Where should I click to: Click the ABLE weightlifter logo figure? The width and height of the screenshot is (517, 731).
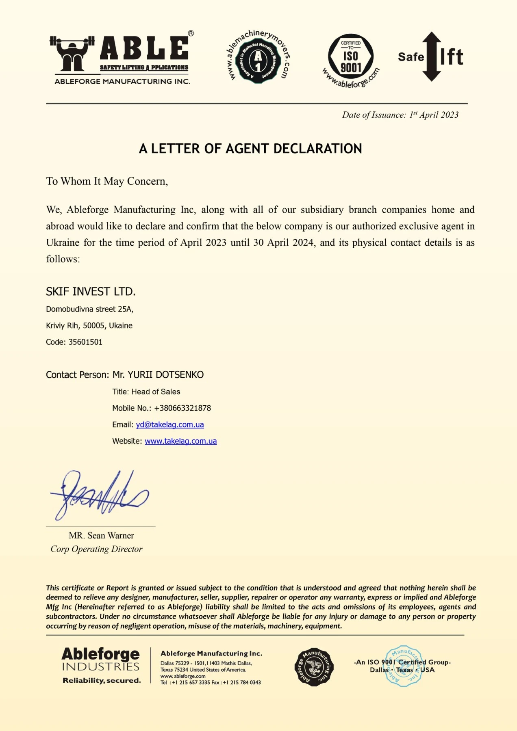[x=72, y=54]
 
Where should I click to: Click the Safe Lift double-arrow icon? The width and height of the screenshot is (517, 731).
[x=431, y=56]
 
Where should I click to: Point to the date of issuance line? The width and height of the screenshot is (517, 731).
[x=400, y=115]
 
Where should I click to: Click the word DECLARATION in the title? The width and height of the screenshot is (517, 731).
[x=317, y=149]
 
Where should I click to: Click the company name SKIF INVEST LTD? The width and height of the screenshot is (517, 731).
[x=91, y=292]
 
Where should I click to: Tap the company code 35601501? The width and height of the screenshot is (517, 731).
[x=85, y=342]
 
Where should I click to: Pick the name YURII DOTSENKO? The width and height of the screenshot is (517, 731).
[x=165, y=375]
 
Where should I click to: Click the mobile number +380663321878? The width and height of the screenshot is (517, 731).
[x=182, y=408]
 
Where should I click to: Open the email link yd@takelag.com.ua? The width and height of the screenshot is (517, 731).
[x=170, y=425]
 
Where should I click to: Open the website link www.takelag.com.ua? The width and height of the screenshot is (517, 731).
[x=180, y=441]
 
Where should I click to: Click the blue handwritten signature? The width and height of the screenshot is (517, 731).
[x=99, y=496]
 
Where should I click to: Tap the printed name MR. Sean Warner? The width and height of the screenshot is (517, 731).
[x=101, y=536]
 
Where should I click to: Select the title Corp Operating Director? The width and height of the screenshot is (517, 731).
[x=96, y=549]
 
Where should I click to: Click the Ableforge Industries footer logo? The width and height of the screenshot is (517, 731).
[x=101, y=665]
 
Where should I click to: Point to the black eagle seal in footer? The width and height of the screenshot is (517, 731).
[x=314, y=667]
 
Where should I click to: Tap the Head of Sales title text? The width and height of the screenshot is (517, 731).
[x=156, y=392]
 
